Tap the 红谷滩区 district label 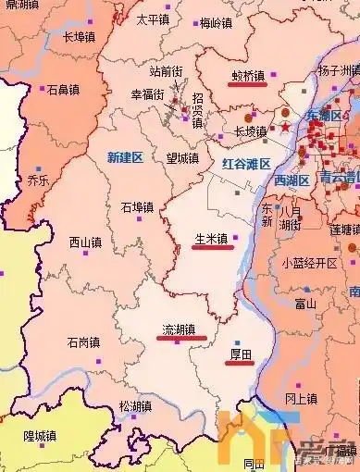coord(246,164)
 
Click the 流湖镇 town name coord(179,329)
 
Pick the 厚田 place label coord(240,354)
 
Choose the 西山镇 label coord(85,242)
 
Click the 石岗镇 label coord(84,342)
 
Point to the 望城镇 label coord(182,158)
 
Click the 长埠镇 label coord(80,37)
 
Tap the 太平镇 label coord(153,19)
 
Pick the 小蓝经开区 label coord(310,262)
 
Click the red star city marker coord(286,125)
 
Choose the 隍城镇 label coord(41,435)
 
